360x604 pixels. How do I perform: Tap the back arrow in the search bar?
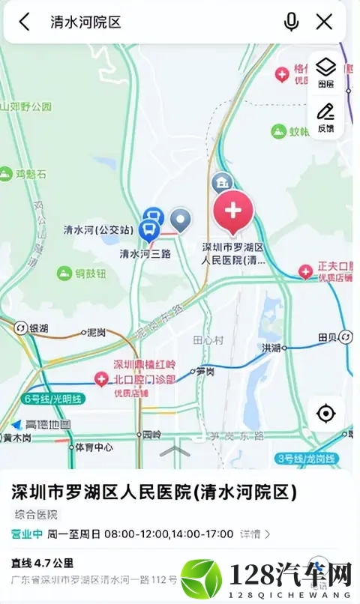click(25, 22)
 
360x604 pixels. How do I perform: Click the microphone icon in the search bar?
click(291, 22)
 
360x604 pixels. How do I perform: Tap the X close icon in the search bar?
click(324, 22)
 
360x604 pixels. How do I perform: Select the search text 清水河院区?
click(85, 22)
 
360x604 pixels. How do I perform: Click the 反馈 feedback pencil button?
click(326, 118)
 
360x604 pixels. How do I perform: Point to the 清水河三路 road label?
click(145, 253)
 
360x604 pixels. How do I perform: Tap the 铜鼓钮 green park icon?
click(64, 274)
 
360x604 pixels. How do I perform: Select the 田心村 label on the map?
click(208, 339)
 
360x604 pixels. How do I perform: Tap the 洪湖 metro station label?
click(271, 348)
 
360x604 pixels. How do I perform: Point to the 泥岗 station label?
click(96, 331)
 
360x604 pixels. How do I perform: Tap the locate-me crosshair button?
click(326, 413)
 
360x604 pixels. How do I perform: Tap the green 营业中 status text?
click(25, 534)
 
